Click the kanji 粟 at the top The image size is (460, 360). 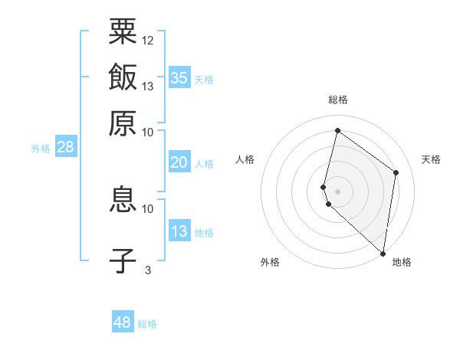click(x=123, y=31)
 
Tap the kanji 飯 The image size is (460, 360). click(x=123, y=77)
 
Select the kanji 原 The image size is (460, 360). click(x=123, y=123)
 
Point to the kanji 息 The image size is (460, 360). click(x=123, y=199)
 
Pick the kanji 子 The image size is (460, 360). click(x=123, y=260)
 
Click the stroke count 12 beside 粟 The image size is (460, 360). click(x=148, y=40)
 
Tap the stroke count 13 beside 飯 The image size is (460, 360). click(x=148, y=86)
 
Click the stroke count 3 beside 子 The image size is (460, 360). click(x=147, y=269)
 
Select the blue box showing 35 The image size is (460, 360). click(x=179, y=78)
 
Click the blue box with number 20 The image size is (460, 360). click(x=179, y=162)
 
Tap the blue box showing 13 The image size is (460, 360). click(x=179, y=231)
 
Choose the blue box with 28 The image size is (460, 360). click(x=65, y=147)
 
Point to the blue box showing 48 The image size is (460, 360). click(x=123, y=322)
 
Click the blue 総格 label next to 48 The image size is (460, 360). click(x=147, y=324)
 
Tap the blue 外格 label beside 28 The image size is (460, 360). click(x=41, y=149)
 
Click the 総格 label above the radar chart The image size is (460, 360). click(x=338, y=100)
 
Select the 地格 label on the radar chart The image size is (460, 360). click(x=402, y=263)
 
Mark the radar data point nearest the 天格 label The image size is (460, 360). click(x=396, y=172)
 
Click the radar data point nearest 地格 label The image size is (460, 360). click(x=383, y=254)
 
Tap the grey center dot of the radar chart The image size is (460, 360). click(x=338, y=191)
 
